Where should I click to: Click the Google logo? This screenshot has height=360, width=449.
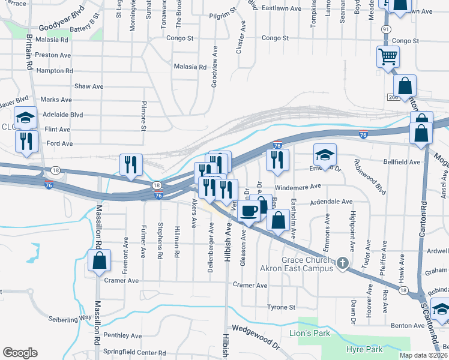(20, 353)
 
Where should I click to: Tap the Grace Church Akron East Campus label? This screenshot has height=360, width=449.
(297, 264)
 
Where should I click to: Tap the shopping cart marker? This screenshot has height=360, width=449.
(388, 56)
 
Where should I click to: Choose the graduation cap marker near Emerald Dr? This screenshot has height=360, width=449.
(324, 155)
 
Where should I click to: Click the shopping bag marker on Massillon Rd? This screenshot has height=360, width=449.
(99, 260)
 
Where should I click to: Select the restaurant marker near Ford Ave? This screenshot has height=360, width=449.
(26, 140)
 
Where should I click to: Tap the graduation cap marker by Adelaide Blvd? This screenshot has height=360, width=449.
(26, 118)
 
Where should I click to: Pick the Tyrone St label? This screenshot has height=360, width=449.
(281, 307)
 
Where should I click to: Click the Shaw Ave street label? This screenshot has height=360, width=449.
(88, 86)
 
